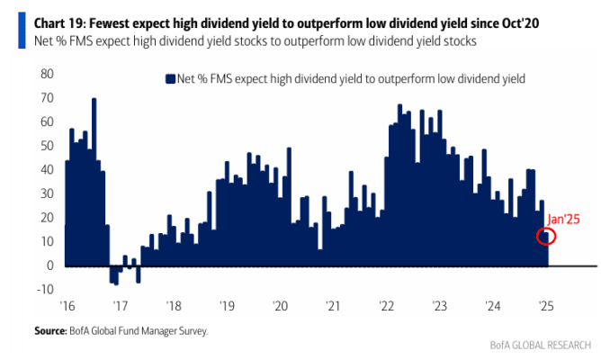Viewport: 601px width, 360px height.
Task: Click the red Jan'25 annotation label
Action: (563, 219)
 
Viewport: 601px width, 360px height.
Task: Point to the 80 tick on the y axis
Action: (47, 74)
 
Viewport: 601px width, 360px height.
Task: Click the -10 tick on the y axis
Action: (45, 289)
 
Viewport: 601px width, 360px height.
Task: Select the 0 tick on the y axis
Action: (50, 265)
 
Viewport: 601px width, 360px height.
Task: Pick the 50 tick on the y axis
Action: (47, 146)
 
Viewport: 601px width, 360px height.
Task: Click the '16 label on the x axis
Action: (67, 306)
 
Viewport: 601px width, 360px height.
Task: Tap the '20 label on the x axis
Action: (280, 306)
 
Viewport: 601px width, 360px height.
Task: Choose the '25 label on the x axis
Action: (546, 306)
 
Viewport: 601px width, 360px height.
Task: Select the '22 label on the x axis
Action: (386, 306)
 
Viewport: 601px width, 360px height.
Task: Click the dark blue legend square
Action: (170, 79)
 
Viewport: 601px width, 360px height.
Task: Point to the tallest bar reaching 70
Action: (94, 182)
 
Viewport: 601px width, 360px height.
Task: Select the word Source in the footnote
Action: (50, 331)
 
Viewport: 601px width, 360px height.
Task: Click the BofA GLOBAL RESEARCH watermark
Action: (541, 345)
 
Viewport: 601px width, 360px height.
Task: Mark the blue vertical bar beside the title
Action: (22, 31)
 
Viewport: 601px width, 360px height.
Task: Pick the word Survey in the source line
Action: (193, 331)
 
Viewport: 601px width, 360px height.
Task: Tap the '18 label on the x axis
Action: (174, 306)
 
